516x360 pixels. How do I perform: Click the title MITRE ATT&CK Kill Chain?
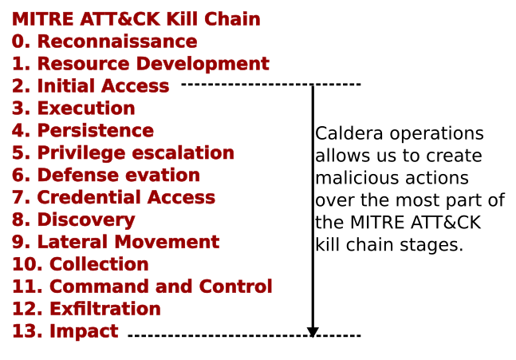point(136,19)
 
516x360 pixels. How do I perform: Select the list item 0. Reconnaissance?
point(104,42)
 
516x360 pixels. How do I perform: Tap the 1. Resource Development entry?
point(140,64)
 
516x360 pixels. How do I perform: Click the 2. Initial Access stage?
point(90,86)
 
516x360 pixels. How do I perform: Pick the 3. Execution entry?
point(73,109)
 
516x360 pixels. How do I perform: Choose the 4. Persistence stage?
point(83,131)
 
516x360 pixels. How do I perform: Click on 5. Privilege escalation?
point(123,153)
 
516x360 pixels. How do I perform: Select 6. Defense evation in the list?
point(106,176)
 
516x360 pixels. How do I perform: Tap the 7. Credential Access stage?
point(113,198)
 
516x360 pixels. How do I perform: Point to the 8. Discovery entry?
point(73,220)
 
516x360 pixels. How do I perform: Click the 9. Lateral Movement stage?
point(116,243)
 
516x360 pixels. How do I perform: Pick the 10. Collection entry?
point(80,265)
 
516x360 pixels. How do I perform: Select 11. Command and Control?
point(142,287)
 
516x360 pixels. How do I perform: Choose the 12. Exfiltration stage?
point(86,310)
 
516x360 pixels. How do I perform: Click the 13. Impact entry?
point(65,332)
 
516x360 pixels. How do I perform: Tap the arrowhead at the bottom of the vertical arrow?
point(313,331)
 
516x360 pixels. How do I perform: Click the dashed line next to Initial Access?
point(271,84)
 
